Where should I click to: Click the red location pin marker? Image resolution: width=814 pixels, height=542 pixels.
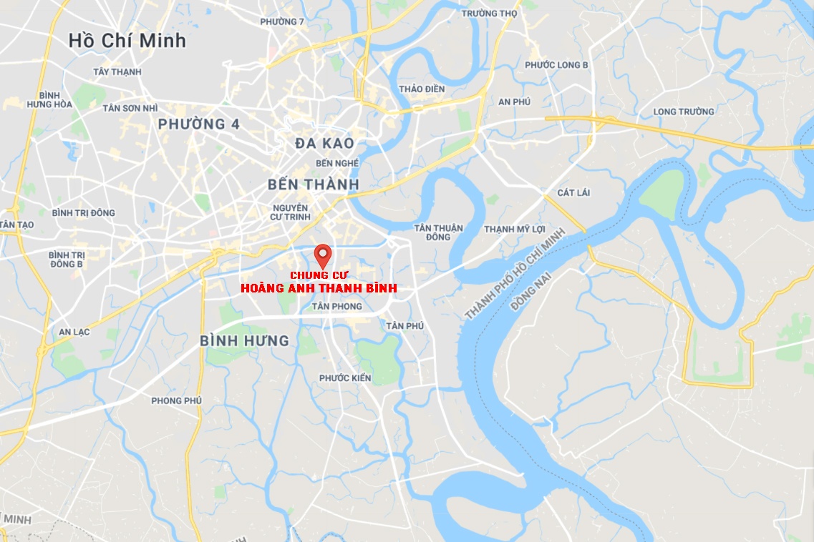tap(323, 255)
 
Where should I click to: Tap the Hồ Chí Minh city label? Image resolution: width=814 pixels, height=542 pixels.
tap(127, 41)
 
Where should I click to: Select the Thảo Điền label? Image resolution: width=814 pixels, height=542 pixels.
tap(422, 89)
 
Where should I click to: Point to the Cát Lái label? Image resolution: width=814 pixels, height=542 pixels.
tap(574, 193)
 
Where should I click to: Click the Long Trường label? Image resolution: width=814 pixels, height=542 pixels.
tap(684, 112)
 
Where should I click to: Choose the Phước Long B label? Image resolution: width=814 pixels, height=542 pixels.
tap(556, 65)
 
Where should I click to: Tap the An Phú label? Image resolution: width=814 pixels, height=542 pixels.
tap(514, 102)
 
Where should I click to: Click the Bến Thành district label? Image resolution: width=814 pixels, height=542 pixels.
tap(313, 184)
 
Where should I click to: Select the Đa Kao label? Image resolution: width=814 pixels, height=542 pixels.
tap(324, 144)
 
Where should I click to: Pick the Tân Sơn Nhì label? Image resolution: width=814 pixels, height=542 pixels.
tap(130, 108)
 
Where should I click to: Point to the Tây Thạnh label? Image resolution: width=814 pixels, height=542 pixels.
tap(117, 72)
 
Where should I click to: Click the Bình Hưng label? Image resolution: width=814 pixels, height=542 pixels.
tap(244, 341)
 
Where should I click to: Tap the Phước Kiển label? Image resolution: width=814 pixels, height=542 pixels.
tap(345, 378)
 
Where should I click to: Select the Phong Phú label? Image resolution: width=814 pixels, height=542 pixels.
tap(176, 400)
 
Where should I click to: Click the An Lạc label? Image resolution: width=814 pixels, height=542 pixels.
tap(74, 332)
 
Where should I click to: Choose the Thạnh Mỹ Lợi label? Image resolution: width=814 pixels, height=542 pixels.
tap(514, 229)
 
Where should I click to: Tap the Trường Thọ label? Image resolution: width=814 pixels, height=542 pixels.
tap(489, 14)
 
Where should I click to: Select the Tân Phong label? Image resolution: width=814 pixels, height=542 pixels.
tap(337, 306)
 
